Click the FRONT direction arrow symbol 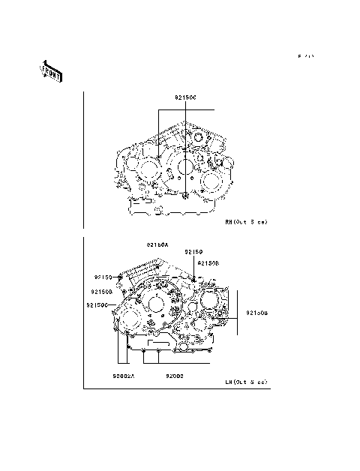coord(50,70)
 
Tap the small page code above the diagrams coord(305,56)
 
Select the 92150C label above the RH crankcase coord(185,97)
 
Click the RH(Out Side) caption coord(246,222)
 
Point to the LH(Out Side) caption coord(246,382)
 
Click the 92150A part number coord(158,244)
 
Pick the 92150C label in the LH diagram coord(97,305)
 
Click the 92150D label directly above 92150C coord(102,291)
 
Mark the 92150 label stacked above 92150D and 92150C coord(103,277)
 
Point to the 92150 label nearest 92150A coord(194,253)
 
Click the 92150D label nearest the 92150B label coord(208,263)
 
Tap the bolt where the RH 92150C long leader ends coord(185,196)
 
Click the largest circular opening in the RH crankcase coord(184,166)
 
